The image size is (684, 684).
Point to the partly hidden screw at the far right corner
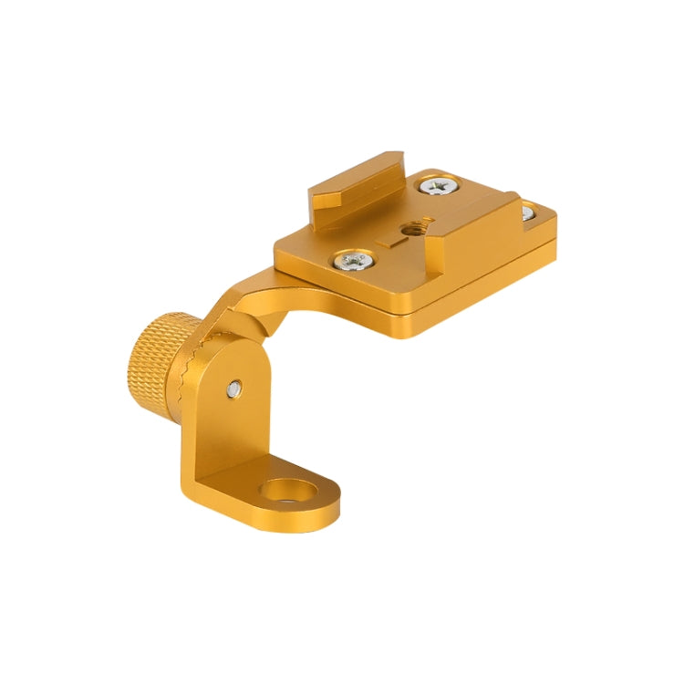pyautogui.click(x=527, y=213)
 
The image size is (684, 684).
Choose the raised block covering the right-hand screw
pyautogui.click(x=474, y=228)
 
